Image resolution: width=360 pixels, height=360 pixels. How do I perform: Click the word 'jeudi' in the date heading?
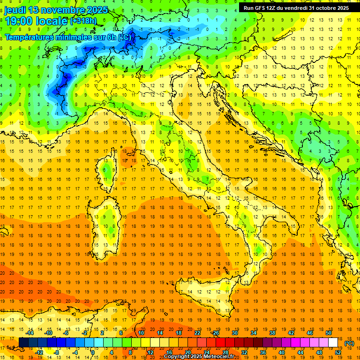(16, 10)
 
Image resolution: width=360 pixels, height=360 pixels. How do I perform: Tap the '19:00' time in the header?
(18, 21)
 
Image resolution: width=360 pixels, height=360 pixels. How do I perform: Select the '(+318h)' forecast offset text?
(83, 21)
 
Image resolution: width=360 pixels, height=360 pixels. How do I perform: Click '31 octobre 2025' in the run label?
(329, 8)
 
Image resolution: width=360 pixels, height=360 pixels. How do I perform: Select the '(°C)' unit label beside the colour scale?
(349, 343)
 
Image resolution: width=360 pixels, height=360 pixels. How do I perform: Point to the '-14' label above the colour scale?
(30, 333)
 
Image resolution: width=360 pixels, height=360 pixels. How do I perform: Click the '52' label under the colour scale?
(338, 352)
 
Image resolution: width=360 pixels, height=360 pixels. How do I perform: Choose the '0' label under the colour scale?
(93, 352)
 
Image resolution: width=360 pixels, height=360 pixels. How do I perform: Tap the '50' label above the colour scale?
(329, 333)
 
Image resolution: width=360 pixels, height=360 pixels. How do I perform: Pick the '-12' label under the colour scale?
(39, 352)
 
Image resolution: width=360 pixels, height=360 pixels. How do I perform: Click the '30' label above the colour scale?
(235, 333)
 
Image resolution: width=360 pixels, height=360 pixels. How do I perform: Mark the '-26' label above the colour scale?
(215, 333)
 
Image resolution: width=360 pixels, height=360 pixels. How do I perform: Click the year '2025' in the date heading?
(97, 10)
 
